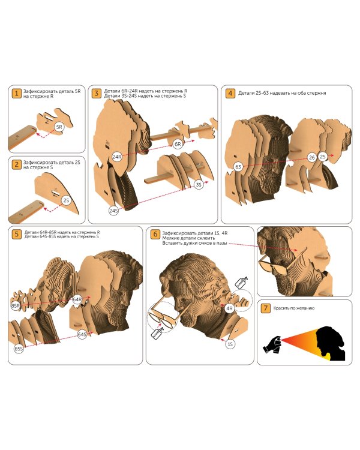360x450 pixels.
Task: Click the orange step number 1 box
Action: coord(17,93)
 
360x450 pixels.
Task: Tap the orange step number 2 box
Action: coord(17,164)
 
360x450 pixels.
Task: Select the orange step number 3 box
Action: coord(97,93)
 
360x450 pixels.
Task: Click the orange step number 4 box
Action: coord(230,93)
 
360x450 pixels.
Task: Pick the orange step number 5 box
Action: coord(17,234)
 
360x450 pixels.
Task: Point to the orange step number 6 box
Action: coord(155,234)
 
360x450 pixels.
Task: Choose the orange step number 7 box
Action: coord(266,308)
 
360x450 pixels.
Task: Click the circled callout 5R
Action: coord(59,127)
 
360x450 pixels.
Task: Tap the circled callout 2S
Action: coord(67,200)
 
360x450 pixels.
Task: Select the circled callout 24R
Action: coord(117,157)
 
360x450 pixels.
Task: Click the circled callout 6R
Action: coord(178,144)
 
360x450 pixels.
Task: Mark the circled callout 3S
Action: coord(199,185)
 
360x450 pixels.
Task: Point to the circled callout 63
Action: coord(238,167)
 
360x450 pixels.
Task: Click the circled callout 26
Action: coord(312,157)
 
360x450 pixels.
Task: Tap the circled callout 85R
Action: coord(16,306)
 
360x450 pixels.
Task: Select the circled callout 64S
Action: coord(82,334)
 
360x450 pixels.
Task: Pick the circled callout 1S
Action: coord(230,344)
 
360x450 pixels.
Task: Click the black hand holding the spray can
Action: coord(272,344)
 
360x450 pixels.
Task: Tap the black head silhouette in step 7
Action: coord(330,343)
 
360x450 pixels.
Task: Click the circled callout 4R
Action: coord(229,308)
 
